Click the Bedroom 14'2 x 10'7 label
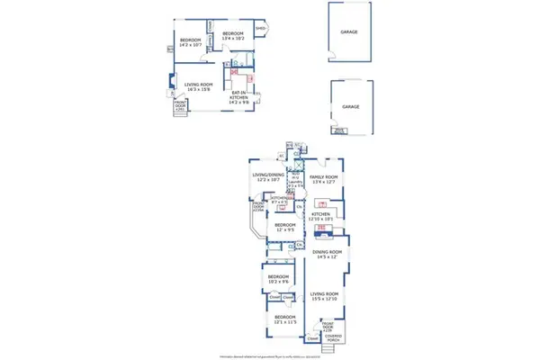(190, 41)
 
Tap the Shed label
(260, 28)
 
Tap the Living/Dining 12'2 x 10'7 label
(267, 178)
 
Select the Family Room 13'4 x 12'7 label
(324, 178)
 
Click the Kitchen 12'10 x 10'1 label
(322, 216)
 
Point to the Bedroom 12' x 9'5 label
(284, 227)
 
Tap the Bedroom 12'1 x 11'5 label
(283, 319)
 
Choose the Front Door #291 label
(179, 104)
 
